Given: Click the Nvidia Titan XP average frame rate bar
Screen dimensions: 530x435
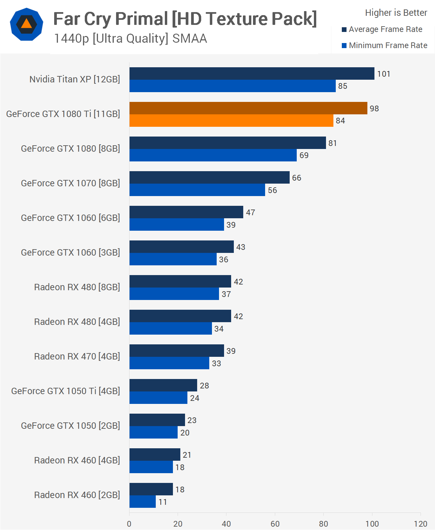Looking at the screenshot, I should tap(252, 74).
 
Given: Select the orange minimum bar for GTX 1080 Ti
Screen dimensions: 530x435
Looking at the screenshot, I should tap(231, 121).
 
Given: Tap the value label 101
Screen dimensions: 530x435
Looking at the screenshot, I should tap(384, 74).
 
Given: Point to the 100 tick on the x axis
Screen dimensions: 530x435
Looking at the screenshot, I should tap(372, 524).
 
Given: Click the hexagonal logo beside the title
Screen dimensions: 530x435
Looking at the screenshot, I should tap(27, 24).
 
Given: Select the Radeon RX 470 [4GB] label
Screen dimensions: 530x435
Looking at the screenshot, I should tap(77, 356).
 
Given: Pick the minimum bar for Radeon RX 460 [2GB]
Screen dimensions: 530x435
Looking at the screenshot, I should tap(143, 502).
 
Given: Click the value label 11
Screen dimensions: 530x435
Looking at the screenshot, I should tap(163, 502).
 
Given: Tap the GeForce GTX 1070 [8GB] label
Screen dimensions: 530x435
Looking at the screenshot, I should tap(70, 183).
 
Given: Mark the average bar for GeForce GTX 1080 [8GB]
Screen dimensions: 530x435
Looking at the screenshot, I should tap(227, 143).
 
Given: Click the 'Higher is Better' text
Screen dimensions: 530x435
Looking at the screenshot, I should tap(396, 13).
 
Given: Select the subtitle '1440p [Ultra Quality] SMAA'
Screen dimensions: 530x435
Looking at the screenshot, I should tap(131, 39).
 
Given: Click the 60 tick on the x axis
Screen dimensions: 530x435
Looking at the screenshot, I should tap(275, 524).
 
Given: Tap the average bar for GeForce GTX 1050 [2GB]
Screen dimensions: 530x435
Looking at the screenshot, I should tap(157, 420).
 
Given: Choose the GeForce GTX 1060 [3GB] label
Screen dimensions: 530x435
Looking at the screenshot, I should tap(70, 253).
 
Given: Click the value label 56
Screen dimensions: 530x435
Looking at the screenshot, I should tap(273, 190).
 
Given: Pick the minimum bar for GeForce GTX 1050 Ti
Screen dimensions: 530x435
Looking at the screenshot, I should tap(158, 398).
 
